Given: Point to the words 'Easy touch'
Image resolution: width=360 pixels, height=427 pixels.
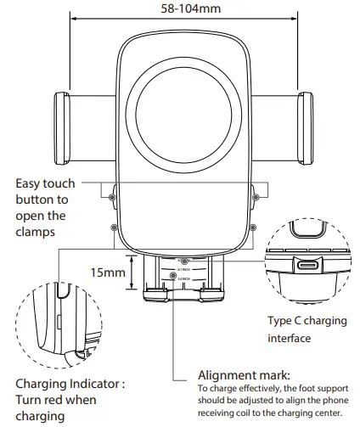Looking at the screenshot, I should [46, 183].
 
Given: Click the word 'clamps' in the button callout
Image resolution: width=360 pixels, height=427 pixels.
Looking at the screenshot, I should [36, 232].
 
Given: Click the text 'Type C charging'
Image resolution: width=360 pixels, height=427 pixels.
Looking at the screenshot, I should [307, 321].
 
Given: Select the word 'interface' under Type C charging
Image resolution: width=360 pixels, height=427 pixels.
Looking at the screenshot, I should [290, 338].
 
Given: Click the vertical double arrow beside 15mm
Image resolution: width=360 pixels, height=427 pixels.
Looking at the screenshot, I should [130, 272].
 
